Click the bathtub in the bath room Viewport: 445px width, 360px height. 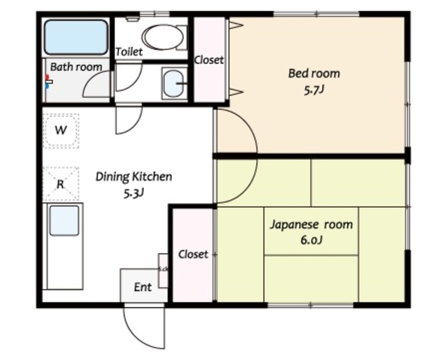pyautogui.click(x=76, y=37)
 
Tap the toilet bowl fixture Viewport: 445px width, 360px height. pyautogui.click(x=163, y=37)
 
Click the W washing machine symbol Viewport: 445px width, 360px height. pyautogui.click(x=61, y=131)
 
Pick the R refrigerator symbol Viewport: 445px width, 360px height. pyautogui.click(x=61, y=184)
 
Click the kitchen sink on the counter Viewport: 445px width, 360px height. pyautogui.click(x=64, y=221)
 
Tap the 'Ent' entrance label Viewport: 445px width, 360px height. pyautogui.click(x=143, y=287)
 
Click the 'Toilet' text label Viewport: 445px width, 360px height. pyautogui.click(x=129, y=52)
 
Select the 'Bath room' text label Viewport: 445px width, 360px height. pyautogui.click(x=76, y=67)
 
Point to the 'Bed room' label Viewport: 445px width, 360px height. pyautogui.click(x=314, y=73)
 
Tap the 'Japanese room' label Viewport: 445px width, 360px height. pyautogui.click(x=311, y=224)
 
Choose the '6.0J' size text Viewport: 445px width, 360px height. pyautogui.click(x=311, y=240)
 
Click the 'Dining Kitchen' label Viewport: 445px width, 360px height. pyautogui.click(x=133, y=177)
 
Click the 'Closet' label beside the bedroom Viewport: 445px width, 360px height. pyautogui.click(x=209, y=60)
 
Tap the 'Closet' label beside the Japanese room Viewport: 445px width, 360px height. pyautogui.click(x=193, y=254)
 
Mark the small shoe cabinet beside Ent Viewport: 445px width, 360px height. pyautogui.click(x=163, y=270)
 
